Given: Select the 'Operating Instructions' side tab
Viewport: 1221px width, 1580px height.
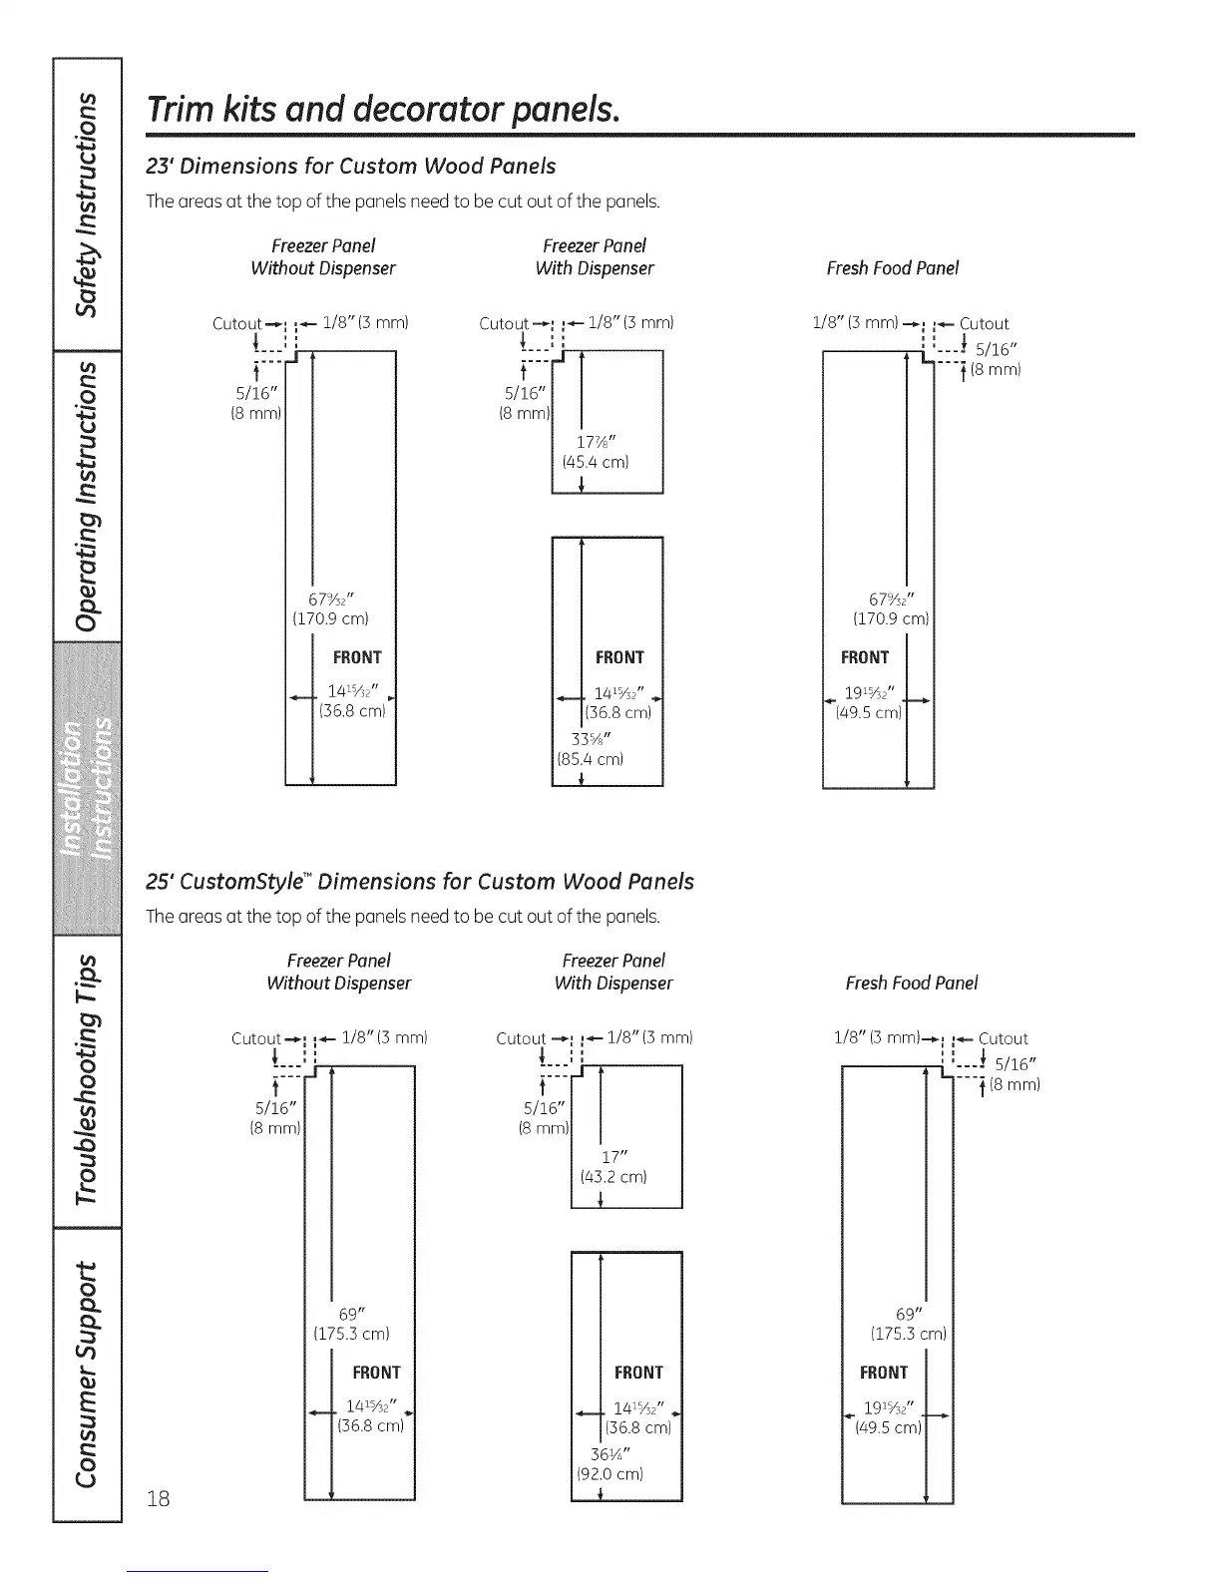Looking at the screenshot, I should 88,496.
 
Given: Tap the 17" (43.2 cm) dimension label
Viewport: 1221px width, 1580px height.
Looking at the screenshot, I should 613,1167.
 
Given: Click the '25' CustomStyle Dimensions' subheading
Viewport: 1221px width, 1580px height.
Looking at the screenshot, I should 420,881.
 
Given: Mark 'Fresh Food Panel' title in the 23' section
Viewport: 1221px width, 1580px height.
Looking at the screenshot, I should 892,267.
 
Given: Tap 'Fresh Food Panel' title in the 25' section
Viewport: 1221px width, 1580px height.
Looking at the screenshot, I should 911,983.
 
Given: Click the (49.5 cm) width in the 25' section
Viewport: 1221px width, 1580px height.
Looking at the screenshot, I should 888,1427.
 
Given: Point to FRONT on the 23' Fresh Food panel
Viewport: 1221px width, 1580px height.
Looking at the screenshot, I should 864,657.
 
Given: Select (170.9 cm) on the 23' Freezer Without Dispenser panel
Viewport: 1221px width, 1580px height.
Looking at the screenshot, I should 330,618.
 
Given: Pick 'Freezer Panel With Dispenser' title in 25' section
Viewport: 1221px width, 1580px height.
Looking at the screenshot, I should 613,972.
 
